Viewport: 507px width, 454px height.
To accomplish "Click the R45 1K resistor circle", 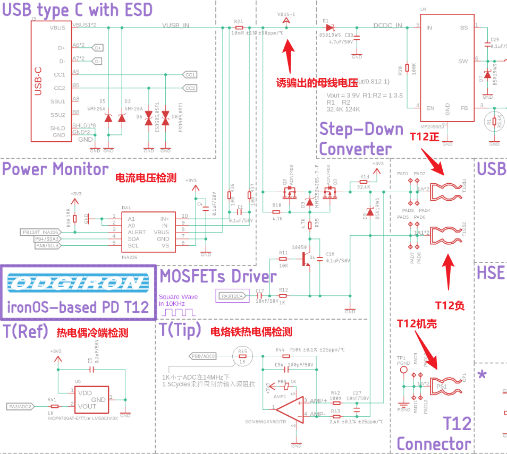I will click(x=242, y=356).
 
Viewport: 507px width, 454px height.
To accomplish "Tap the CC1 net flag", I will click(x=190, y=75).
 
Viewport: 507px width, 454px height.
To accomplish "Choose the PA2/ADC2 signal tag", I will click(x=21, y=407).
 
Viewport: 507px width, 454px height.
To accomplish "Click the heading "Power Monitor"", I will click(x=55, y=169).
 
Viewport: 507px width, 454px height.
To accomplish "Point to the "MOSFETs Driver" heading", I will click(x=218, y=276).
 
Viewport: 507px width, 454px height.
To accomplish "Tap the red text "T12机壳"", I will click(x=418, y=323).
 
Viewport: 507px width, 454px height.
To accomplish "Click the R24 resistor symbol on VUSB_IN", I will click(x=239, y=28).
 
